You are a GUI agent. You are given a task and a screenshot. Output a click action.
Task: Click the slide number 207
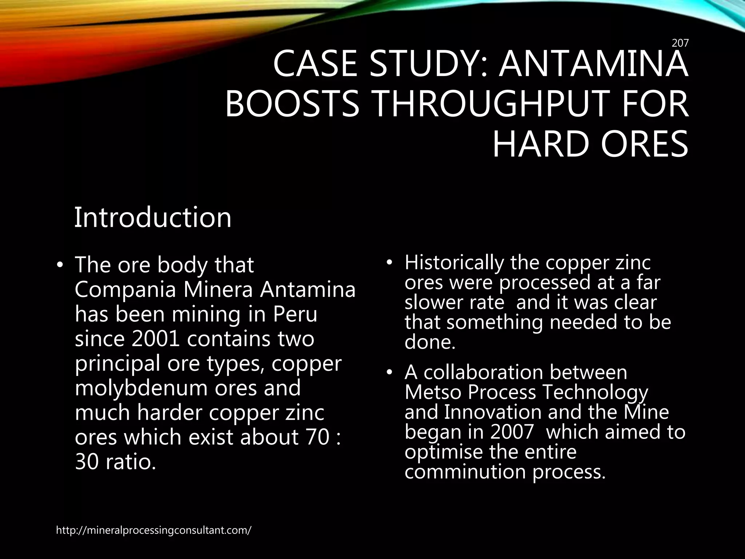tap(680, 43)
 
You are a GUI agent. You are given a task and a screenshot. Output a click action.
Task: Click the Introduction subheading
tap(153, 217)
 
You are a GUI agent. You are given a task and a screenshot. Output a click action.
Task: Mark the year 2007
tap(512, 432)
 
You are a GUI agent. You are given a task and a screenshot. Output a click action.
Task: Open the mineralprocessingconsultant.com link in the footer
tap(154, 530)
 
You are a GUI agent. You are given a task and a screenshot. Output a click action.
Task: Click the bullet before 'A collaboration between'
tap(390, 372)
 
